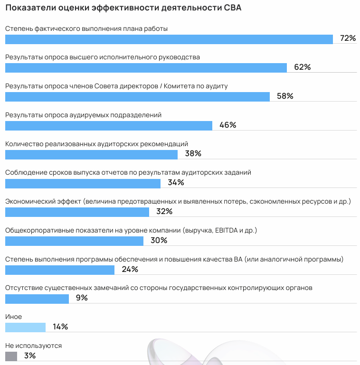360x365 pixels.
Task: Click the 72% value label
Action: click(348, 38)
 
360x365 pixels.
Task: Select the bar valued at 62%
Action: click(146, 67)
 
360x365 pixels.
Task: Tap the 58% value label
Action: click(285, 96)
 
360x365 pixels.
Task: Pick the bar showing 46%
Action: click(108, 125)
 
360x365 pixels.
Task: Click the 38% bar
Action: click(91, 154)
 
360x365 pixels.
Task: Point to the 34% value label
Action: click(176, 183)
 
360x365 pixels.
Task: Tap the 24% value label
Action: click(130, 270)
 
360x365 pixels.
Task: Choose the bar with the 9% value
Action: click(37, 299)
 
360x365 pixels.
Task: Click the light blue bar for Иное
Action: click(25, 327)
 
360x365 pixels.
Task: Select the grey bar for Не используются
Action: click(11, 356)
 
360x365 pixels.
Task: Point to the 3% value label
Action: click(29, 356)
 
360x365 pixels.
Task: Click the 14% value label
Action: click(60, 327)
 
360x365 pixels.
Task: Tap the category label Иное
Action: click(13, 317)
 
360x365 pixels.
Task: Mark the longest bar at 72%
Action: click(169, 39)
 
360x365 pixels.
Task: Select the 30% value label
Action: click(159, 241)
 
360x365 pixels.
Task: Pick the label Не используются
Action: click(33, 346)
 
